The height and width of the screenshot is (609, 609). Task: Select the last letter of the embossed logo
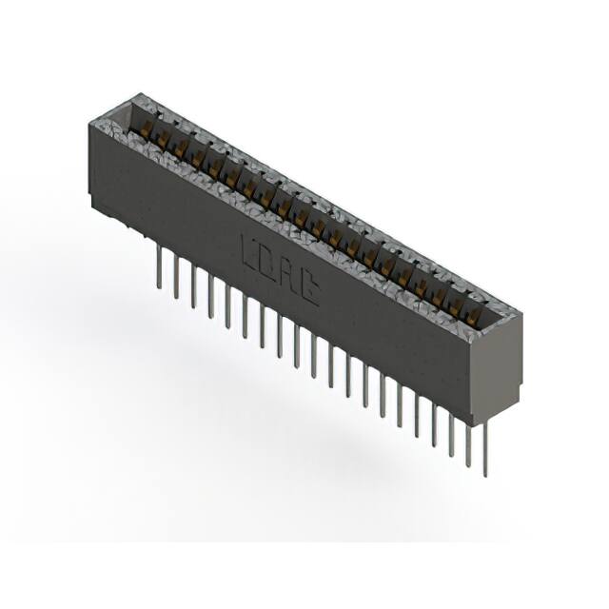pyautogui.click(x=309, y=293)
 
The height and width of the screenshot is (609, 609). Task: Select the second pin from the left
pyautogui.click(x=175, y=277)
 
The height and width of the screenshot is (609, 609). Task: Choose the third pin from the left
pyautogui.click(x=193, y=286)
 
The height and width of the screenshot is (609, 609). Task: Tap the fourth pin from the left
pyautogui.click(x=210, y=296)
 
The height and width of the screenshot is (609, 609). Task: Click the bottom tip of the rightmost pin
pyautogui.click(x=485, y=474)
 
